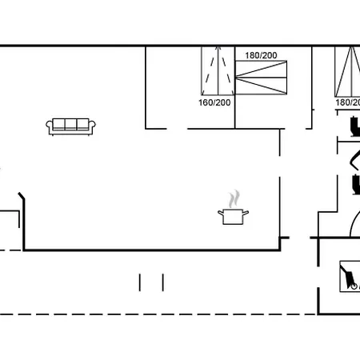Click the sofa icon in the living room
(x=70, y=126)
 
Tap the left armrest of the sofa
(x=50, y=127)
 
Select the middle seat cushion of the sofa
(x=70, y=124)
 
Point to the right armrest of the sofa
(x=92, y=127)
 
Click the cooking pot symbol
(x=233, y=217)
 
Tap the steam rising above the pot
(x=234, y=198)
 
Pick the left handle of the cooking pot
(x=221, y=213)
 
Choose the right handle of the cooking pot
(x=246, y=213)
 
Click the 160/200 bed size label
(x=214, y=102)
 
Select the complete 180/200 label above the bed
(x=261, y=55)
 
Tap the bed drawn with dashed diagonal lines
(x=218, y=70)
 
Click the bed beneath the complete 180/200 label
(x=261, y=78)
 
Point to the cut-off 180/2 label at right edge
(x=348, y=102)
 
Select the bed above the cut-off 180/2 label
(x=347, y=71)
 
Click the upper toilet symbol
(x=355, y=126)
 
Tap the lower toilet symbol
(x=356, y=184)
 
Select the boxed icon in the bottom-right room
(x=350, y=276)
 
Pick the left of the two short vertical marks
(x=139, y=282)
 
